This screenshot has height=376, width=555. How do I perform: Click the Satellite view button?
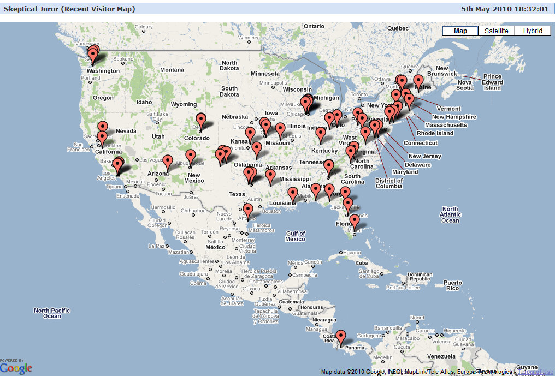click(x=497, y=31)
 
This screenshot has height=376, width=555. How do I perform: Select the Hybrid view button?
click(x=533, y=31)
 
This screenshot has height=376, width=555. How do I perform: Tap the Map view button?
click(x=460, y=31)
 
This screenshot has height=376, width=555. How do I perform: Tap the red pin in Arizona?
click(x=168, y=162)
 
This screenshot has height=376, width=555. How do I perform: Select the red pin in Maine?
click(x=418, y=81)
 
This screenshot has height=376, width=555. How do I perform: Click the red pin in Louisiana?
click(x=293, y=194)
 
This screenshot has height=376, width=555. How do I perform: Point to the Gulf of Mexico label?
click(x=295, y=236)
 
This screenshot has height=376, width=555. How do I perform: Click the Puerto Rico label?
click(x=452, y=285)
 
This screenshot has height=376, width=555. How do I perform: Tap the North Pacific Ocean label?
click(x=52, y=313)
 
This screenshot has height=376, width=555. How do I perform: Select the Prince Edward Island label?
click(x=492, y=82)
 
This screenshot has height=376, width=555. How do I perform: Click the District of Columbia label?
click(x=389, y=183)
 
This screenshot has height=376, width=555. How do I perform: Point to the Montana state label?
click(x=172, y=70)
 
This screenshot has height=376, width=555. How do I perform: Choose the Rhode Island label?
click(x=435, y=133)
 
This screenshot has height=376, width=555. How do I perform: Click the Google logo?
click(x=16, y=368)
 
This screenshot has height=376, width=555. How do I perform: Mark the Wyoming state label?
click(x=183, y=104)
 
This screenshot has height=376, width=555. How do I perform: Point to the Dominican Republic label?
click(x=420, y=277)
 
